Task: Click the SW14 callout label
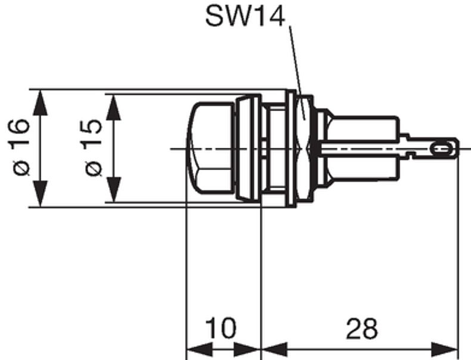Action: click(x=245, y=16)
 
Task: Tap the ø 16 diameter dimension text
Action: click(x=21, y=147)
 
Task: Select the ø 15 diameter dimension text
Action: click(x=93, y=147)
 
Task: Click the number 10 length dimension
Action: click(x=221, y=328)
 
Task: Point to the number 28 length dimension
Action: click(x=361, y=328)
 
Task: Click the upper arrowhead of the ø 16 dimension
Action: click(x=41, y=103)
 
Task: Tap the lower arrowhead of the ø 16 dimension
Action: click(x=41, y=194)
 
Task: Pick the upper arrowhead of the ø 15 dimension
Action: click(x=113, y=107)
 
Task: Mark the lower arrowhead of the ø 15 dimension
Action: click(x=113, y=190)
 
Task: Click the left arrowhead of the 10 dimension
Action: click(x=200, y=350)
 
